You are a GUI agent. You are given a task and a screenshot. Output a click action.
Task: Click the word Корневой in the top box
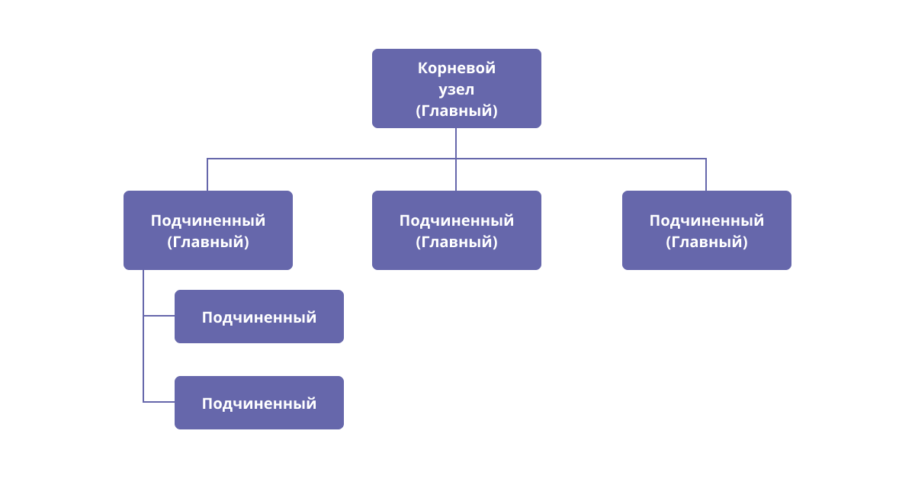point(456,68)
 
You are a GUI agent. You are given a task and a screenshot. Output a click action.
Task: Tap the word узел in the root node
point(456,89)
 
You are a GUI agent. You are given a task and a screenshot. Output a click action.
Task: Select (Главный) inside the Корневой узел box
point(456,111)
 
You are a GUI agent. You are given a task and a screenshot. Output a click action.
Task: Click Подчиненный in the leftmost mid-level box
point(208,220)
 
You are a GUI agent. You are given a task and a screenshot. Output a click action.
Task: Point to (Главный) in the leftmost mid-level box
point(208,242)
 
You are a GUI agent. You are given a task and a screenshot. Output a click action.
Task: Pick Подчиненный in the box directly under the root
point(456,220)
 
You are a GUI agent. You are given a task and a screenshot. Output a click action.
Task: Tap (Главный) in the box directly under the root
point(456,242)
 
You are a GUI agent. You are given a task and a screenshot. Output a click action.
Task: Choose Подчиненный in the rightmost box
point(706,220)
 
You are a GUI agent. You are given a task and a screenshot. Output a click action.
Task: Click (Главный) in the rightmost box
point(706,242)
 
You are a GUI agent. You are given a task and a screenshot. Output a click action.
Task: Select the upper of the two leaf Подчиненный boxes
point(259,317)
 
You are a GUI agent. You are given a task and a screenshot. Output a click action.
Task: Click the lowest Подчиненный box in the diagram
point(259,403)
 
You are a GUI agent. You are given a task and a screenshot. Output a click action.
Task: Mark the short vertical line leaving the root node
point(456,143)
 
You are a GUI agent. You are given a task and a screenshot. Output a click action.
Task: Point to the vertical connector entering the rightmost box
point(706,175)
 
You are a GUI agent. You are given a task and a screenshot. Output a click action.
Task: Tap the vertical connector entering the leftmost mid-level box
point(207,175)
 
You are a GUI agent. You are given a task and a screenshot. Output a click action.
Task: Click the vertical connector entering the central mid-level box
point(456,175)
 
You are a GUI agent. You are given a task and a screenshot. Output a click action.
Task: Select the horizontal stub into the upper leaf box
point(159,316)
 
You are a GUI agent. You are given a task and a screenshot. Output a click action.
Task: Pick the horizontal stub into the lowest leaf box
point(159,402)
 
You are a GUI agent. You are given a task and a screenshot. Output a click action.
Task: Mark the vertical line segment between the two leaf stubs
point(143,358)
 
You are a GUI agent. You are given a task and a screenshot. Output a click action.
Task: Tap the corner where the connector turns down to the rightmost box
point(706,159)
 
